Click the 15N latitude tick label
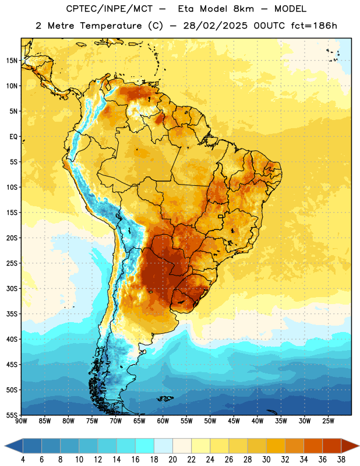point(12,61)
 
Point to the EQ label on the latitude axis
point(13,137)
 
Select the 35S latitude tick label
point(12,314)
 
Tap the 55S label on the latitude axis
point(12,415)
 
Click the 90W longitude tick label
point(21,421)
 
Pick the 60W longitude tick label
point(163,421)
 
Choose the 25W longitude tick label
point(328,421)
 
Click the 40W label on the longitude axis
point(257,421)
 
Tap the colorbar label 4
point(23,460)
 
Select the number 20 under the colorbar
point(172,460)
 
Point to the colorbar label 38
point(341,460)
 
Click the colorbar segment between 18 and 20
point(164,446)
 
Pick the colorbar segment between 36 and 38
point(332,446)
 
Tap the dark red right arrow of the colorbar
point(350,446)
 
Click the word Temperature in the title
point(111,26)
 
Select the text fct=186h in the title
point(314,26)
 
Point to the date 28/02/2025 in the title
point(215,26)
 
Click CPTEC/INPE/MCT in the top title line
point(109,9)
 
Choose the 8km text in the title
point(243,9)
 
